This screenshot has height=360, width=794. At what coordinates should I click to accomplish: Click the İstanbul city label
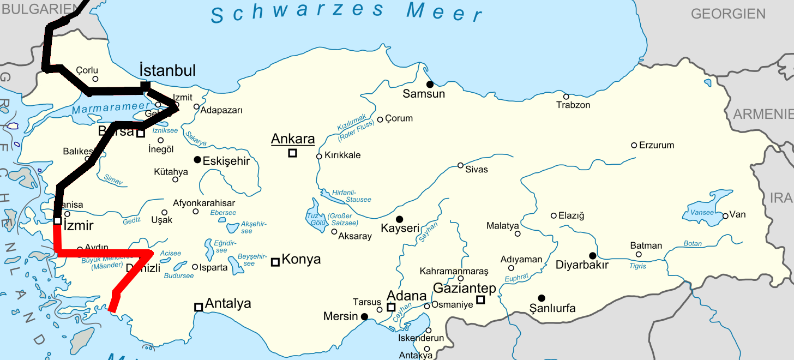pyautogui.click(x=167, y=70)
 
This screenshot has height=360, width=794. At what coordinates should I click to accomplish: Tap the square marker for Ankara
pyautogui.click(x=292, y=153)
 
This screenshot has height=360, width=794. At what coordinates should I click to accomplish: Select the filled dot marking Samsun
pyautogui.click(x=430, y=84)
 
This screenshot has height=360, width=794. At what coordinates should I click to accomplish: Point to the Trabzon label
pyautogui.click(x=573, y=105)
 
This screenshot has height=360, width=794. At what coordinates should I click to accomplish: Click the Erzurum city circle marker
pyautogui.click(x=634, y=145)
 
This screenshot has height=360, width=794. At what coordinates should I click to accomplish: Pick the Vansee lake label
pyautogui.click(x=702, y=212)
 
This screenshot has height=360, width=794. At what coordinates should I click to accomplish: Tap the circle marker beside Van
pyautogui.click(x=725, y=215)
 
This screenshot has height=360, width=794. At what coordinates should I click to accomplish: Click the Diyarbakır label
pyautogui.click(x=582, y=265)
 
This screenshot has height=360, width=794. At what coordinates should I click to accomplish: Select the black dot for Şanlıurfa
pyautogui.click(x=542, y=298)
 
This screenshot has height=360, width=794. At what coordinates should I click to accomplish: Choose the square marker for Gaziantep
pyautogui.click(x=480, y=299)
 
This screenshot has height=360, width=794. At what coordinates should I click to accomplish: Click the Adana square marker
pyautogui.click(x=391, y=307)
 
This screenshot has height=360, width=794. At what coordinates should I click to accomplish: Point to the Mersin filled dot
pyautogui.click(x=364, y=316)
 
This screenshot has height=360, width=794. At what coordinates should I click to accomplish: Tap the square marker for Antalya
pyautogui.click(x=198, y=307)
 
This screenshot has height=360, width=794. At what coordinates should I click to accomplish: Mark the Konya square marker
pyautogui.click(x=275, y=262)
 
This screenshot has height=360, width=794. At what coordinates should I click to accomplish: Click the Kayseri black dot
pyautogui.click(x=399, y=219)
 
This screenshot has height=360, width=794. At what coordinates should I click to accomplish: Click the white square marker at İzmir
pyautogui.click(x=57, y=220)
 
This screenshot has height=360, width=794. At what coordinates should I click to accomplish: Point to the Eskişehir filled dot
pyautogui.click(x=197, y=159)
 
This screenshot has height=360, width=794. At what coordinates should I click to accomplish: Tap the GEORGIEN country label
pyautogui.click(x=728, y=14)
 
